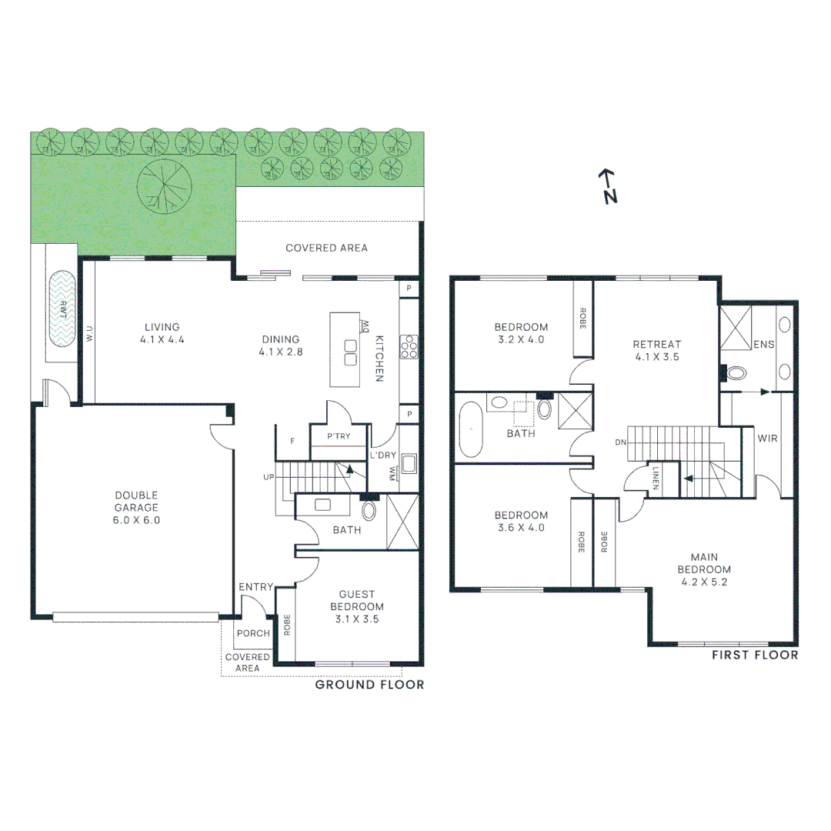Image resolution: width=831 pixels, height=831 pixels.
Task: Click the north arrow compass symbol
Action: pos(609,186)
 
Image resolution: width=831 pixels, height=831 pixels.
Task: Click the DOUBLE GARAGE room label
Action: pos(136,508)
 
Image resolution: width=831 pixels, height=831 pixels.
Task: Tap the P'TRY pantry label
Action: pos(339,436)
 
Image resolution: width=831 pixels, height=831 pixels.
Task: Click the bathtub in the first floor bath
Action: pos(470,432)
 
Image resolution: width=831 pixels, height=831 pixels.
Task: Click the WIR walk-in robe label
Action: pos(767,438)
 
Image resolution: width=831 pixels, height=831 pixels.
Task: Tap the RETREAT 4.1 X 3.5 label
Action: pos(656,351)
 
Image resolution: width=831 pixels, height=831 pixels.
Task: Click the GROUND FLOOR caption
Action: pos(369,685)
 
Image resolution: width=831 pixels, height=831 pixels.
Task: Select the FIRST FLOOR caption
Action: pos(754,656)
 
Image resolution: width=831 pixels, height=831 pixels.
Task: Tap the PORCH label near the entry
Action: pos(253,634)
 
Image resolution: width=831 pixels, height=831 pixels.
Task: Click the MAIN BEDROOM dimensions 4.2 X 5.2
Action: pos(704,582)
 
